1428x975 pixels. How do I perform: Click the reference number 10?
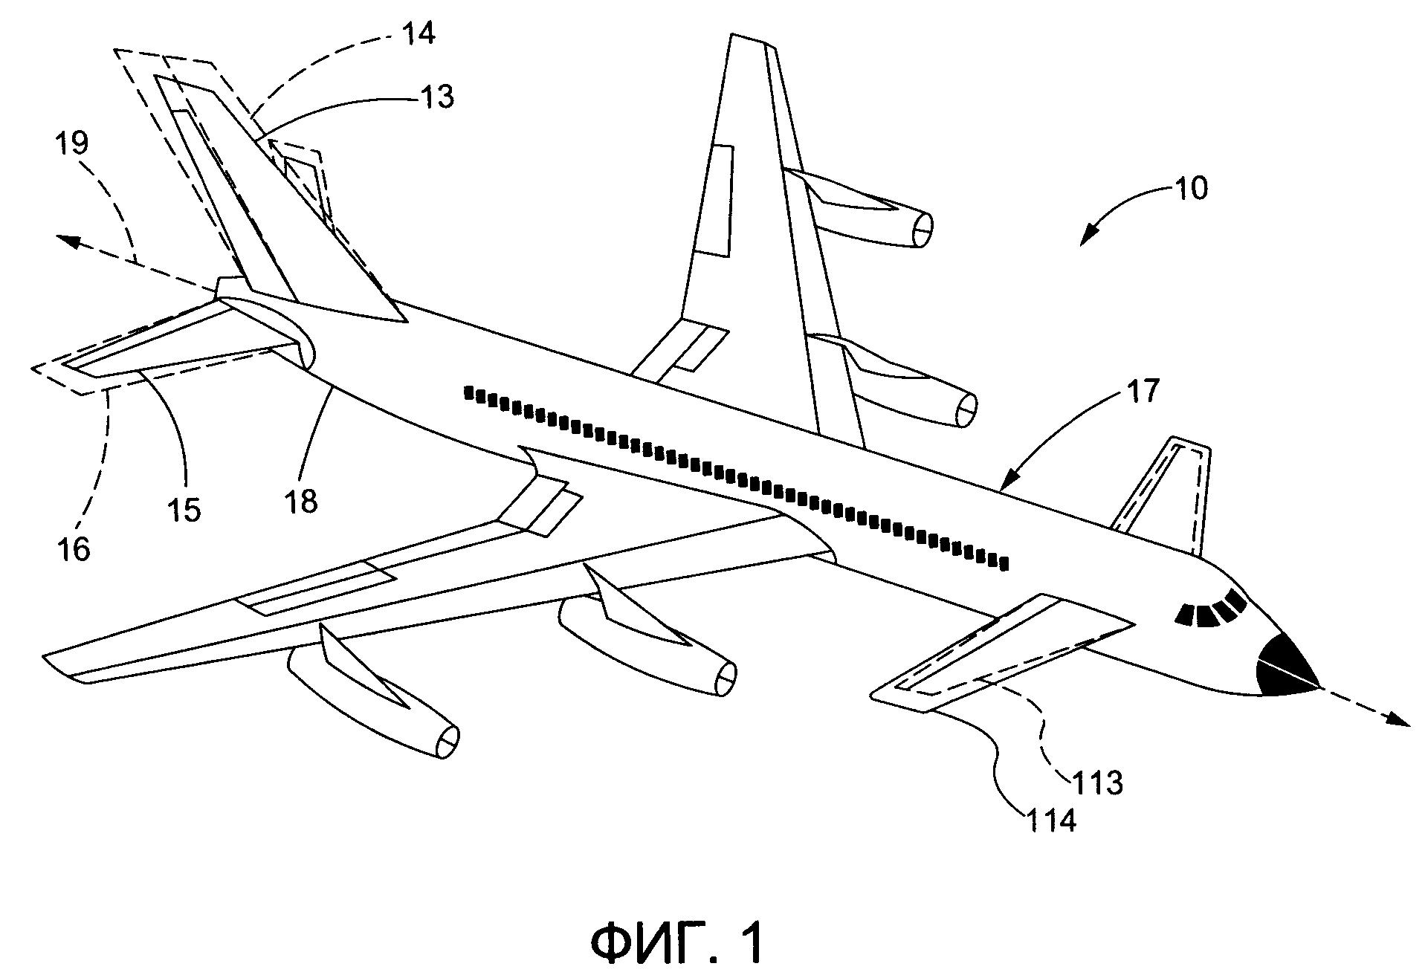pyautogui.click(x=1191, y=188)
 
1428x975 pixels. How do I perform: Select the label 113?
pyautogui.click(x=1097, y=782)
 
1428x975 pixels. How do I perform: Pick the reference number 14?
pyautogui.click(x=419, y=33)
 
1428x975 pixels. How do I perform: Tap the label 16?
pyautogui.click(x=73, y=549)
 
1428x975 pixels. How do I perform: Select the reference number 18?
pyautogui.click(x=301, y=502)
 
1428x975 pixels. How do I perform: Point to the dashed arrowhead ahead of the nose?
pyautogui.click(x=1399, y=720)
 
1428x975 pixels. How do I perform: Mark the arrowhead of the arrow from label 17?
pyautogui.click(x=1008, y=484)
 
